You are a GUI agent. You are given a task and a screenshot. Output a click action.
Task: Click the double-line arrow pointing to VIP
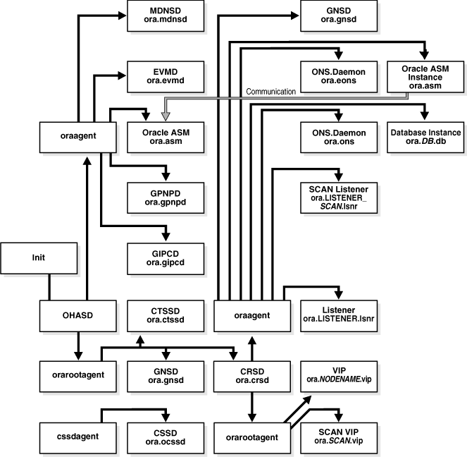[296, 409]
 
